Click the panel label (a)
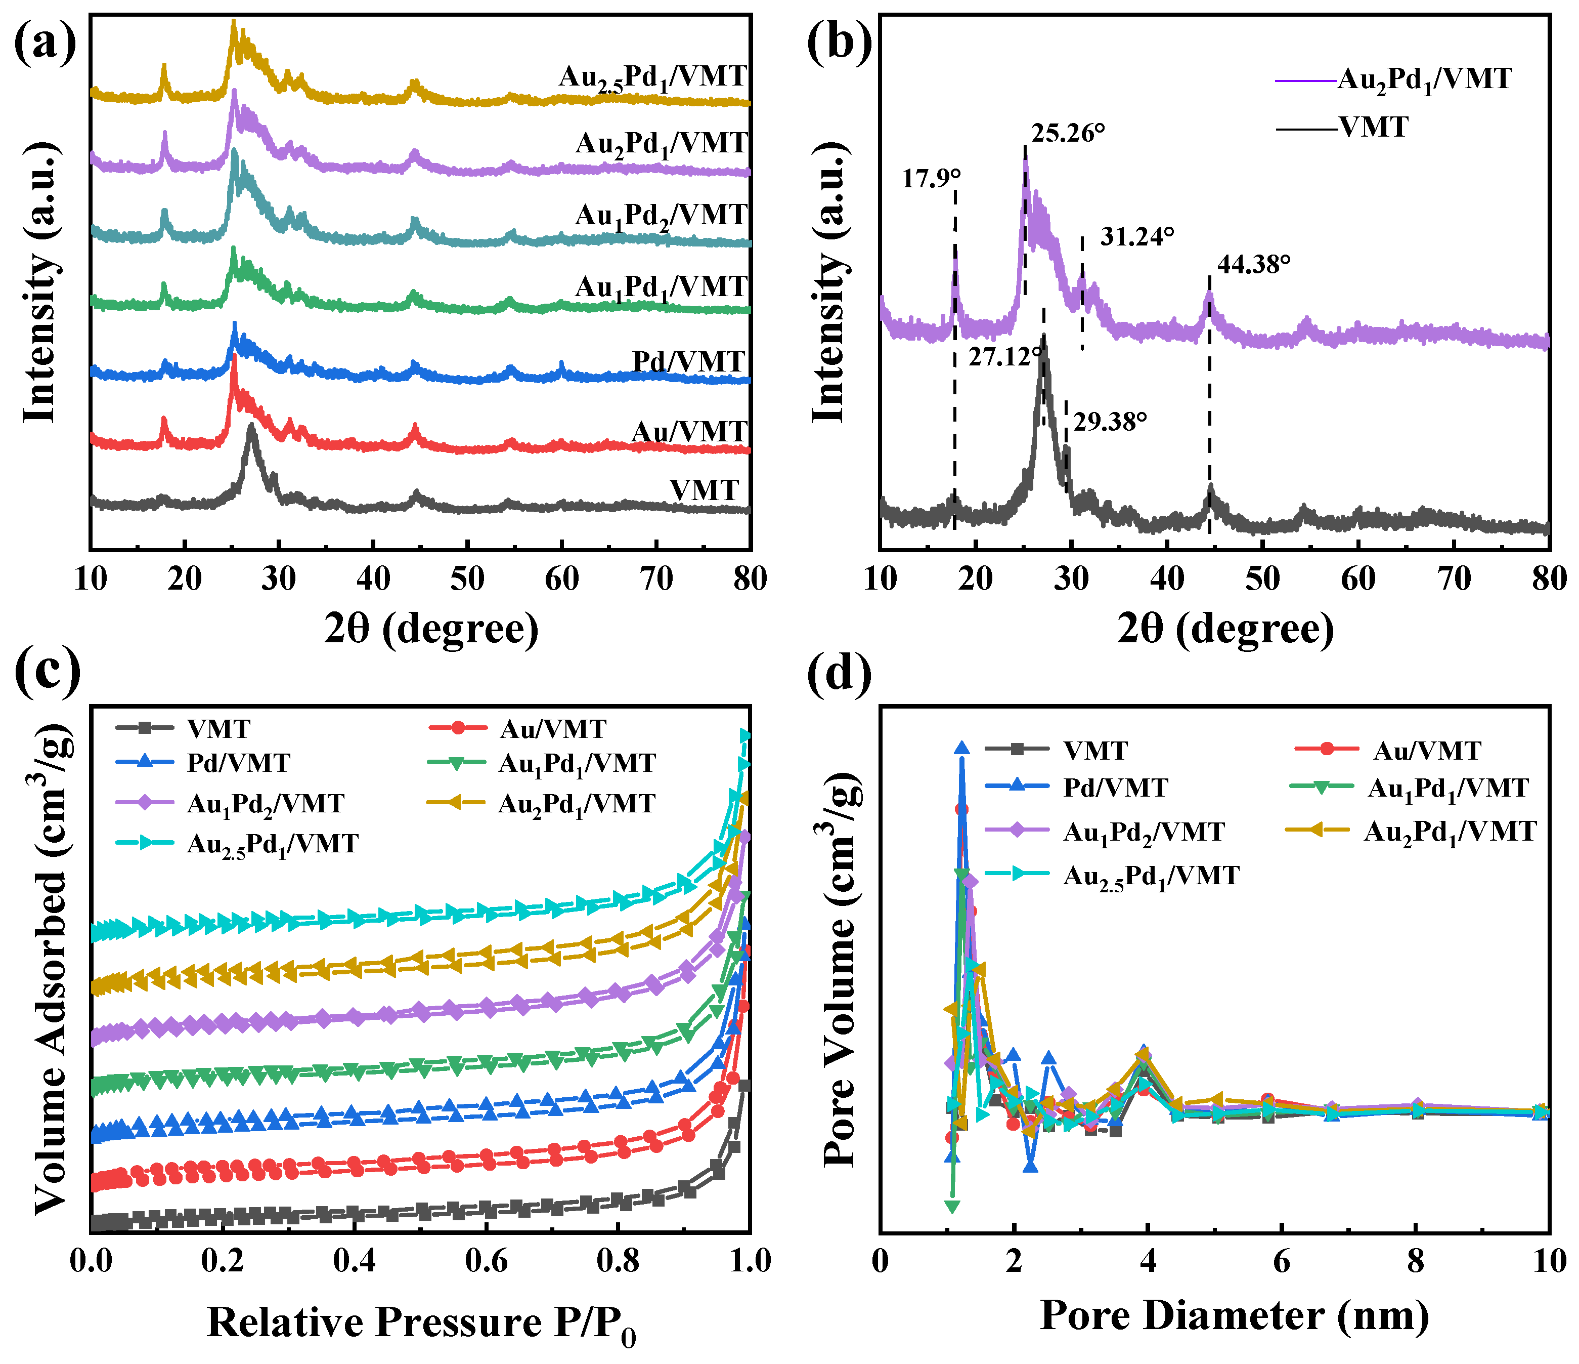46,42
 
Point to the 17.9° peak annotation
931,179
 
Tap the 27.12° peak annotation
1004,356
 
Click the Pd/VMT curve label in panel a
688,361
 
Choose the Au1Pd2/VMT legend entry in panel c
265,804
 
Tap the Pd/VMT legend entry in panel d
1115,787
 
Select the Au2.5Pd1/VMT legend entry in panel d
1151,876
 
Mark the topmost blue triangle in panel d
962,748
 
